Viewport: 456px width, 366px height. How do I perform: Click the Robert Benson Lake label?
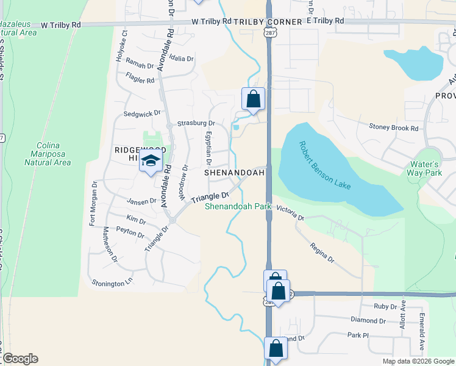point(324,165)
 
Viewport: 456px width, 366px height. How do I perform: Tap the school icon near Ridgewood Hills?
point(150,161)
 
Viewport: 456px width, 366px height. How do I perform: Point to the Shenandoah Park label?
point(238,207)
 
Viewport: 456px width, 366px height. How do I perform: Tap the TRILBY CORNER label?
point(268,22)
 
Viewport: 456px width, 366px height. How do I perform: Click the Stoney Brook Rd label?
point(394,128)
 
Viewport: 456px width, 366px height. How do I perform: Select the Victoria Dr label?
point(290,213)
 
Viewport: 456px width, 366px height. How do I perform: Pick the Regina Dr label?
point(322,251)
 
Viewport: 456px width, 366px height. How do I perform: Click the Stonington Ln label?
point(112,282)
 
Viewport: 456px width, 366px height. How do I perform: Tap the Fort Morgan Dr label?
point(93,204)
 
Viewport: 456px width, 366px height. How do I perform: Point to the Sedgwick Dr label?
point(141,113)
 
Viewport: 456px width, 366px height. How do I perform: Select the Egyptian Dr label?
point(208,148)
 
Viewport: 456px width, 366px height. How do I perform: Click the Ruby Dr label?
point(382,306)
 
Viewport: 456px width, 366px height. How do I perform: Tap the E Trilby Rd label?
point(326,21)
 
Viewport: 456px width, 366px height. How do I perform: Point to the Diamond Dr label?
point(368,320)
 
